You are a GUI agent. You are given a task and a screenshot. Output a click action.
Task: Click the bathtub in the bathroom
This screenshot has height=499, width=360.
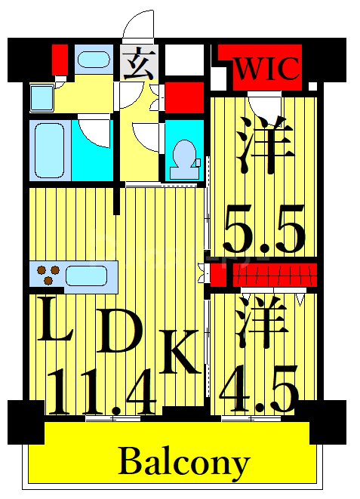pos(50,150)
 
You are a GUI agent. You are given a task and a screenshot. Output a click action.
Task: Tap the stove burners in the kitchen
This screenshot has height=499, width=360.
pos(47,275)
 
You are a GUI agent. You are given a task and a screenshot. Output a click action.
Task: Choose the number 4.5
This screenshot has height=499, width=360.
pos(259,389)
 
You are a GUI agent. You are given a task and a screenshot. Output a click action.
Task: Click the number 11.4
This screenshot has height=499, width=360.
pos(103,390)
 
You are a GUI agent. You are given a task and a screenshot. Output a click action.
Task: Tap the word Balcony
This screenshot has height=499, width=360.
pos(183,461)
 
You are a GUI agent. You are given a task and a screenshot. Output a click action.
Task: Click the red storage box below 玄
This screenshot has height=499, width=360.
pos(185,99)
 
